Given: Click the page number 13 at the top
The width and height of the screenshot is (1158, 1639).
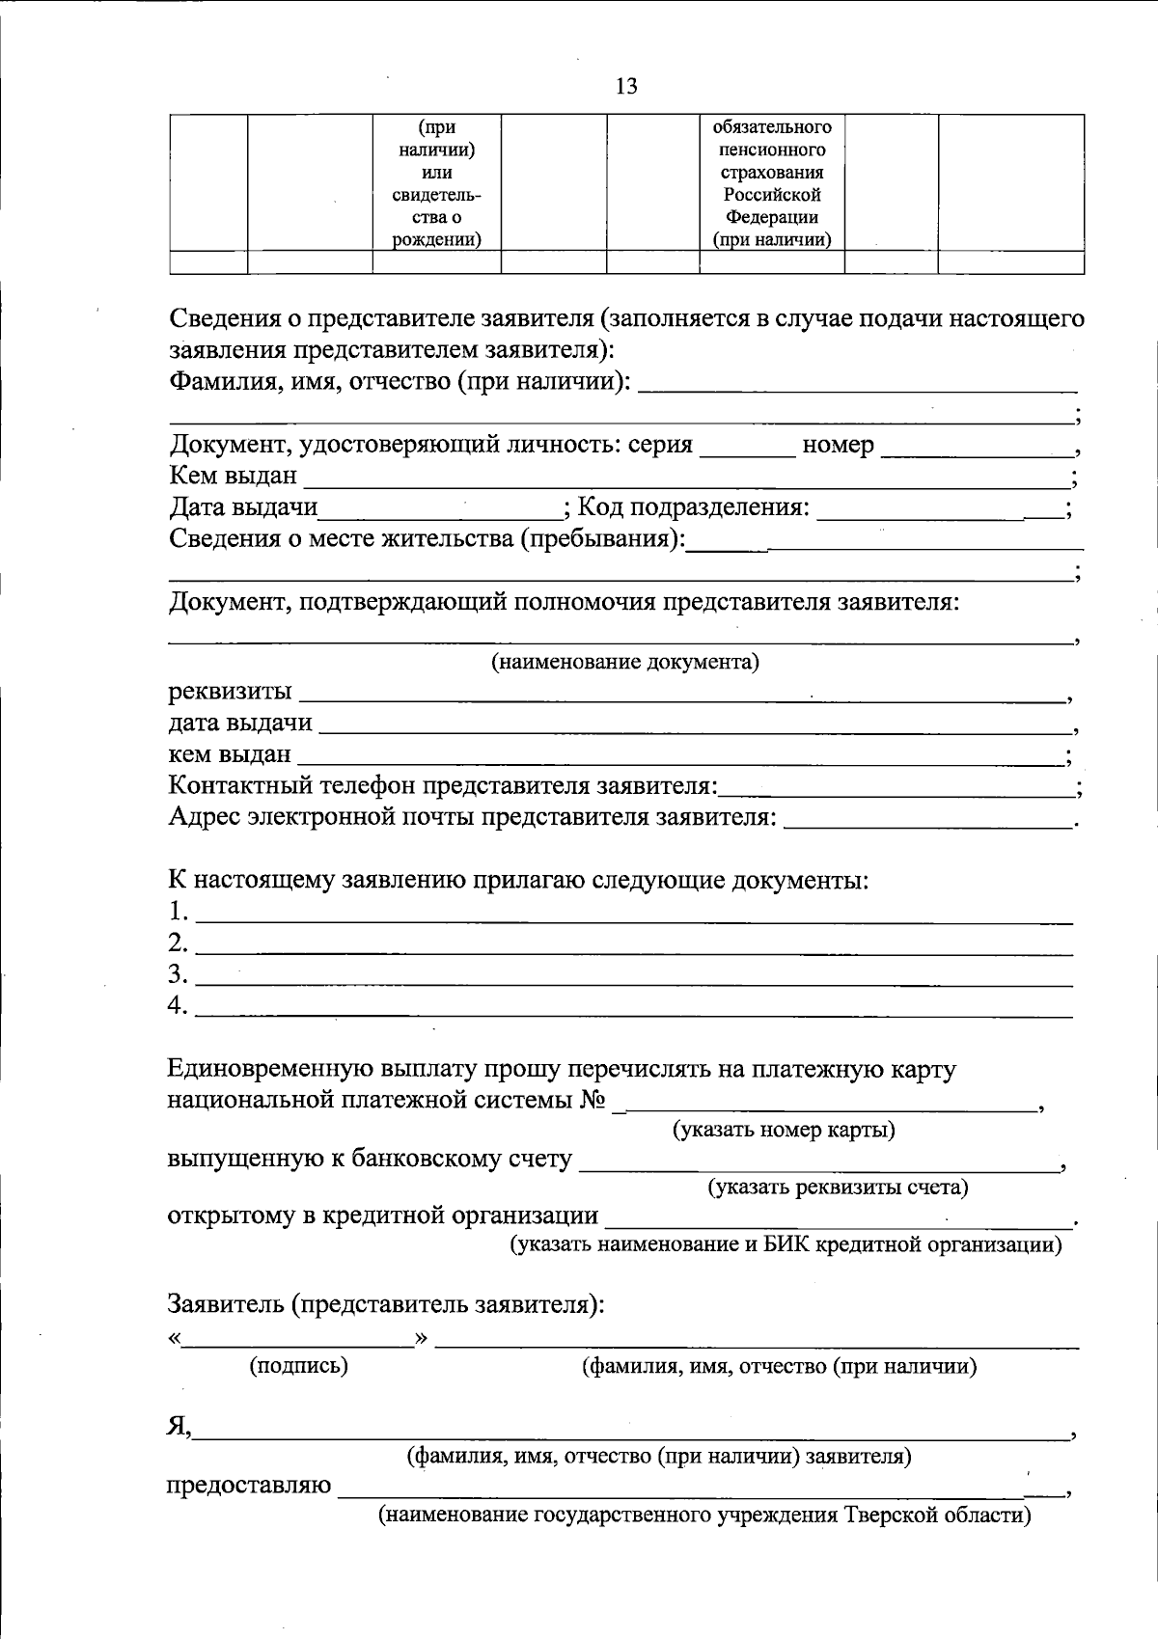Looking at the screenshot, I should pos(625,87).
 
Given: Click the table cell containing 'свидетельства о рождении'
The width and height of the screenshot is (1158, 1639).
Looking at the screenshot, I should pos(436,183).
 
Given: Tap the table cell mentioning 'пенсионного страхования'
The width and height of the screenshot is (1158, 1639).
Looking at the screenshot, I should pos(771,183).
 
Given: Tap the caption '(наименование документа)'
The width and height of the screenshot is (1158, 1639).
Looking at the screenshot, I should pos(625,662).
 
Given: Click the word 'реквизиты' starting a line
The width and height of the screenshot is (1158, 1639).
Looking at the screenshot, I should pos(230,692).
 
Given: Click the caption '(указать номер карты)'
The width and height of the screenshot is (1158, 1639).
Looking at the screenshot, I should pos(784,1130).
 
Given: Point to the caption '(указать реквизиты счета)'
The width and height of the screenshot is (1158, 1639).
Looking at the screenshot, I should pos(838,1188).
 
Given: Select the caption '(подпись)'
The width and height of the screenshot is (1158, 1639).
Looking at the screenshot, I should pos(298,1366).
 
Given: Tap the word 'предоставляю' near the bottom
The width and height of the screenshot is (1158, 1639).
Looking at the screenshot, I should pos(249,1486).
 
